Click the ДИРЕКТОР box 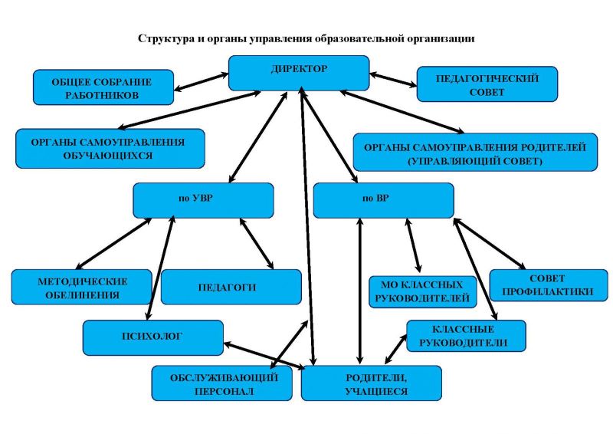pyautogui.click(x=299, y=73)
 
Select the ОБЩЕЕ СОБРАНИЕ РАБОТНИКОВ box pyautogui.click(x=103, y=87)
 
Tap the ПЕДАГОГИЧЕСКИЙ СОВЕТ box pyautogui.click(x=487, y=84)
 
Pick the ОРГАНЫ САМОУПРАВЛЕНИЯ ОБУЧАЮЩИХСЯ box pyautogui.click(x=110, y=149)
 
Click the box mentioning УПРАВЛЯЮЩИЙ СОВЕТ pyautogui.click(x=475, y=153)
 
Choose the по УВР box pyautogui.click(x=203, y=200)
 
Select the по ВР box pyautogui.click(x=384, y=200)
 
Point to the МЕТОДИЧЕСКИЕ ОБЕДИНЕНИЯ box pyautogui.click(x=82, y=287)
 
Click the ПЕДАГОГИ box pyautogui.click(x=231, y=287)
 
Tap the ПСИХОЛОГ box pyautogui.click(x=152, y=337)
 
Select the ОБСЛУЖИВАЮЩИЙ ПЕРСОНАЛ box pyautogui.click(x=221, y=383)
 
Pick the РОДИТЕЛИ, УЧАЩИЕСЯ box pyautogui.click(x=372, y=383)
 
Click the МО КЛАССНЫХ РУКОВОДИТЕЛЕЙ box pyautogui.click(x=423, y=292)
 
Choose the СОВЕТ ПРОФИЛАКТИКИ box pyautogui.click(x=549, y=285)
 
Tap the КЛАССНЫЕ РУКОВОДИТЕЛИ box pyautogui.click(x=466, y=336)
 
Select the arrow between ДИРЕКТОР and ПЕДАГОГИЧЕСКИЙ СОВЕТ pyautogui.click(x=393, y=80)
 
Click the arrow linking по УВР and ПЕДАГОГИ pyautogui.click(x=257, y=243)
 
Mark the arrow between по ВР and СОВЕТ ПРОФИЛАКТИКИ pyautogui.click(x=490, y=244)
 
